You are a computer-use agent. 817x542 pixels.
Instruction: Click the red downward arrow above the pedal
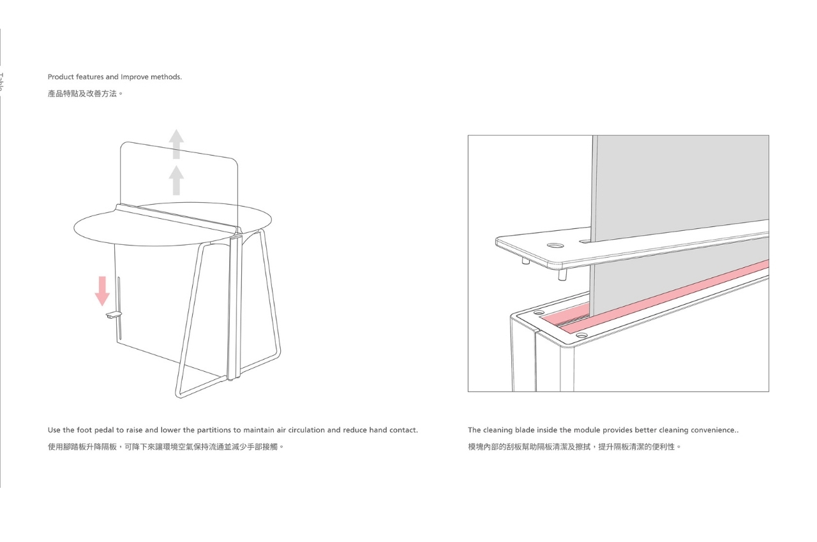(x=102, y=290)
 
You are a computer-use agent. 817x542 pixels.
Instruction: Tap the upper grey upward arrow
(x=176, y=143)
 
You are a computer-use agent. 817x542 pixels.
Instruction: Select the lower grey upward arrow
(x=176, y=180)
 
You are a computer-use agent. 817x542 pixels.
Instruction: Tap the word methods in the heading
(x=166, y=77)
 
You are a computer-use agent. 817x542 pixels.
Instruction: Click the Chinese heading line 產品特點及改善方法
(x=85, y=94)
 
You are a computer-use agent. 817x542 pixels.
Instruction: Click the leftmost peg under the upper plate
(x=524, y=260)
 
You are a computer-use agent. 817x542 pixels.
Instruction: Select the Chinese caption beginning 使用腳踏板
(x=166, y=446)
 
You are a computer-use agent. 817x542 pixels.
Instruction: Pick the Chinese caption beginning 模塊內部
(x=574, y=446)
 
